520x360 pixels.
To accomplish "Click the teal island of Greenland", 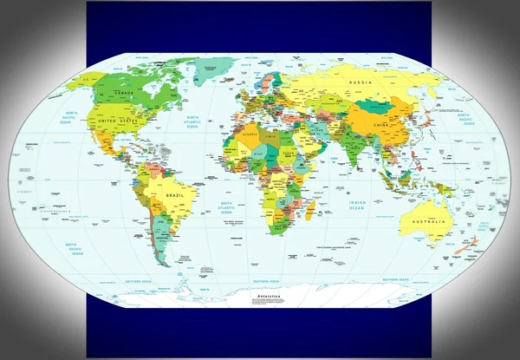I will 213,67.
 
